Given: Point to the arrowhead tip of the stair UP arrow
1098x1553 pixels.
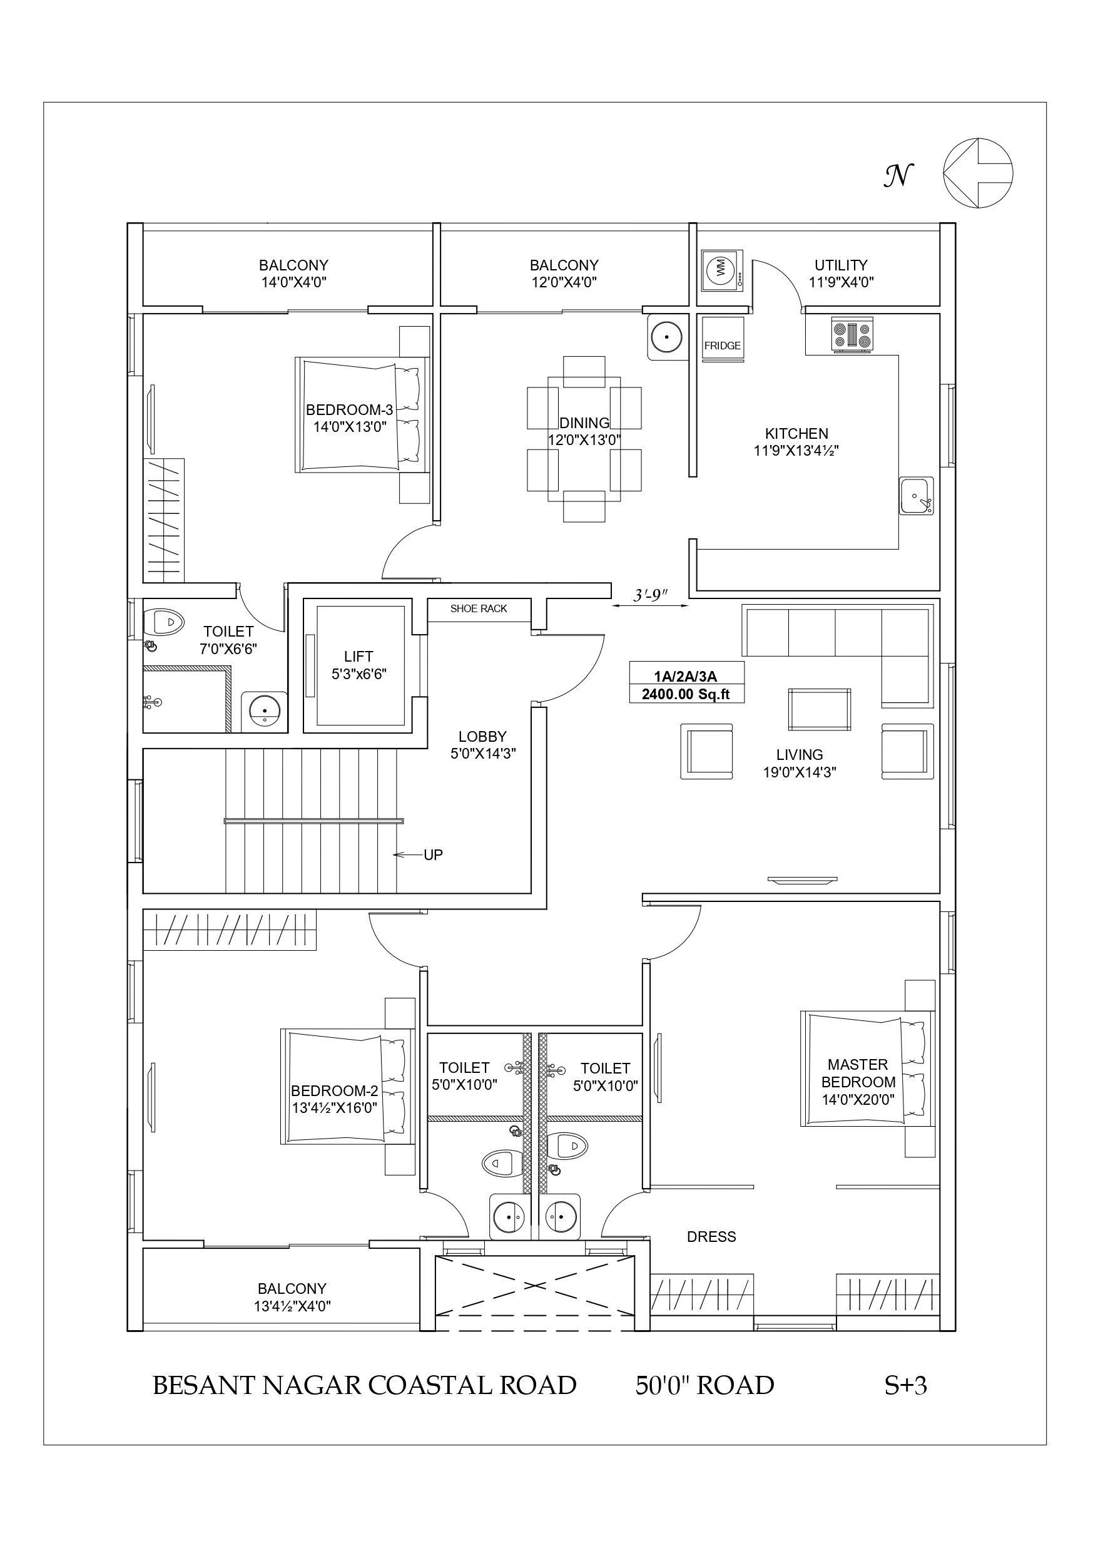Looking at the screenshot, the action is [394, 855].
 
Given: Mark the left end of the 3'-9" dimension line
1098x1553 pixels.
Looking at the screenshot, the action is [611, 606].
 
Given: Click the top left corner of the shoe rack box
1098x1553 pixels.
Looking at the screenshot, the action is [427, 598].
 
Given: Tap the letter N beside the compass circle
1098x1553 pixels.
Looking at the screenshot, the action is [898, 175].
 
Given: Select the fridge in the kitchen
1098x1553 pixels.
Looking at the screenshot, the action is [723, 339].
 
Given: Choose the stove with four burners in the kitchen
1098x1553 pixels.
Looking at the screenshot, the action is [853, 334].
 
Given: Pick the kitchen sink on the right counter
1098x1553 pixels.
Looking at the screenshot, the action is [916, 496].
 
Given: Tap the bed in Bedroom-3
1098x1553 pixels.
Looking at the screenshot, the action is [362, 414].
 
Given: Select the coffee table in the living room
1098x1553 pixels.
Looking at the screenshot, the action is [820, 710].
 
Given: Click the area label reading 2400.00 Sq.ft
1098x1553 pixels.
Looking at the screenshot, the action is [686, 694].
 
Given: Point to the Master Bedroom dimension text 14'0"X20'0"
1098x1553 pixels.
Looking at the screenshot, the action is [858, 1100].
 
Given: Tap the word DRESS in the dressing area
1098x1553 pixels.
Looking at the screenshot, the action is [711, 1236].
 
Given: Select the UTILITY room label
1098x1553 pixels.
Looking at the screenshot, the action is [841, 265].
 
